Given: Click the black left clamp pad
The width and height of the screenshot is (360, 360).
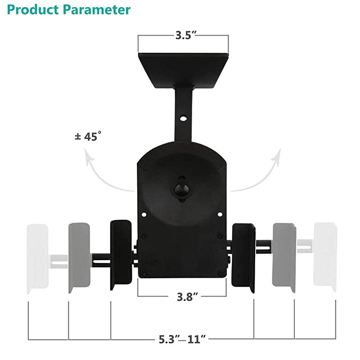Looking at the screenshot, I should [120, 254].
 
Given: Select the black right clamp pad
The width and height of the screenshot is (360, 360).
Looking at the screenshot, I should [244, 254].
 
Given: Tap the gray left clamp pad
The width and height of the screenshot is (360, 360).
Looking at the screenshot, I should [80, 256].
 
